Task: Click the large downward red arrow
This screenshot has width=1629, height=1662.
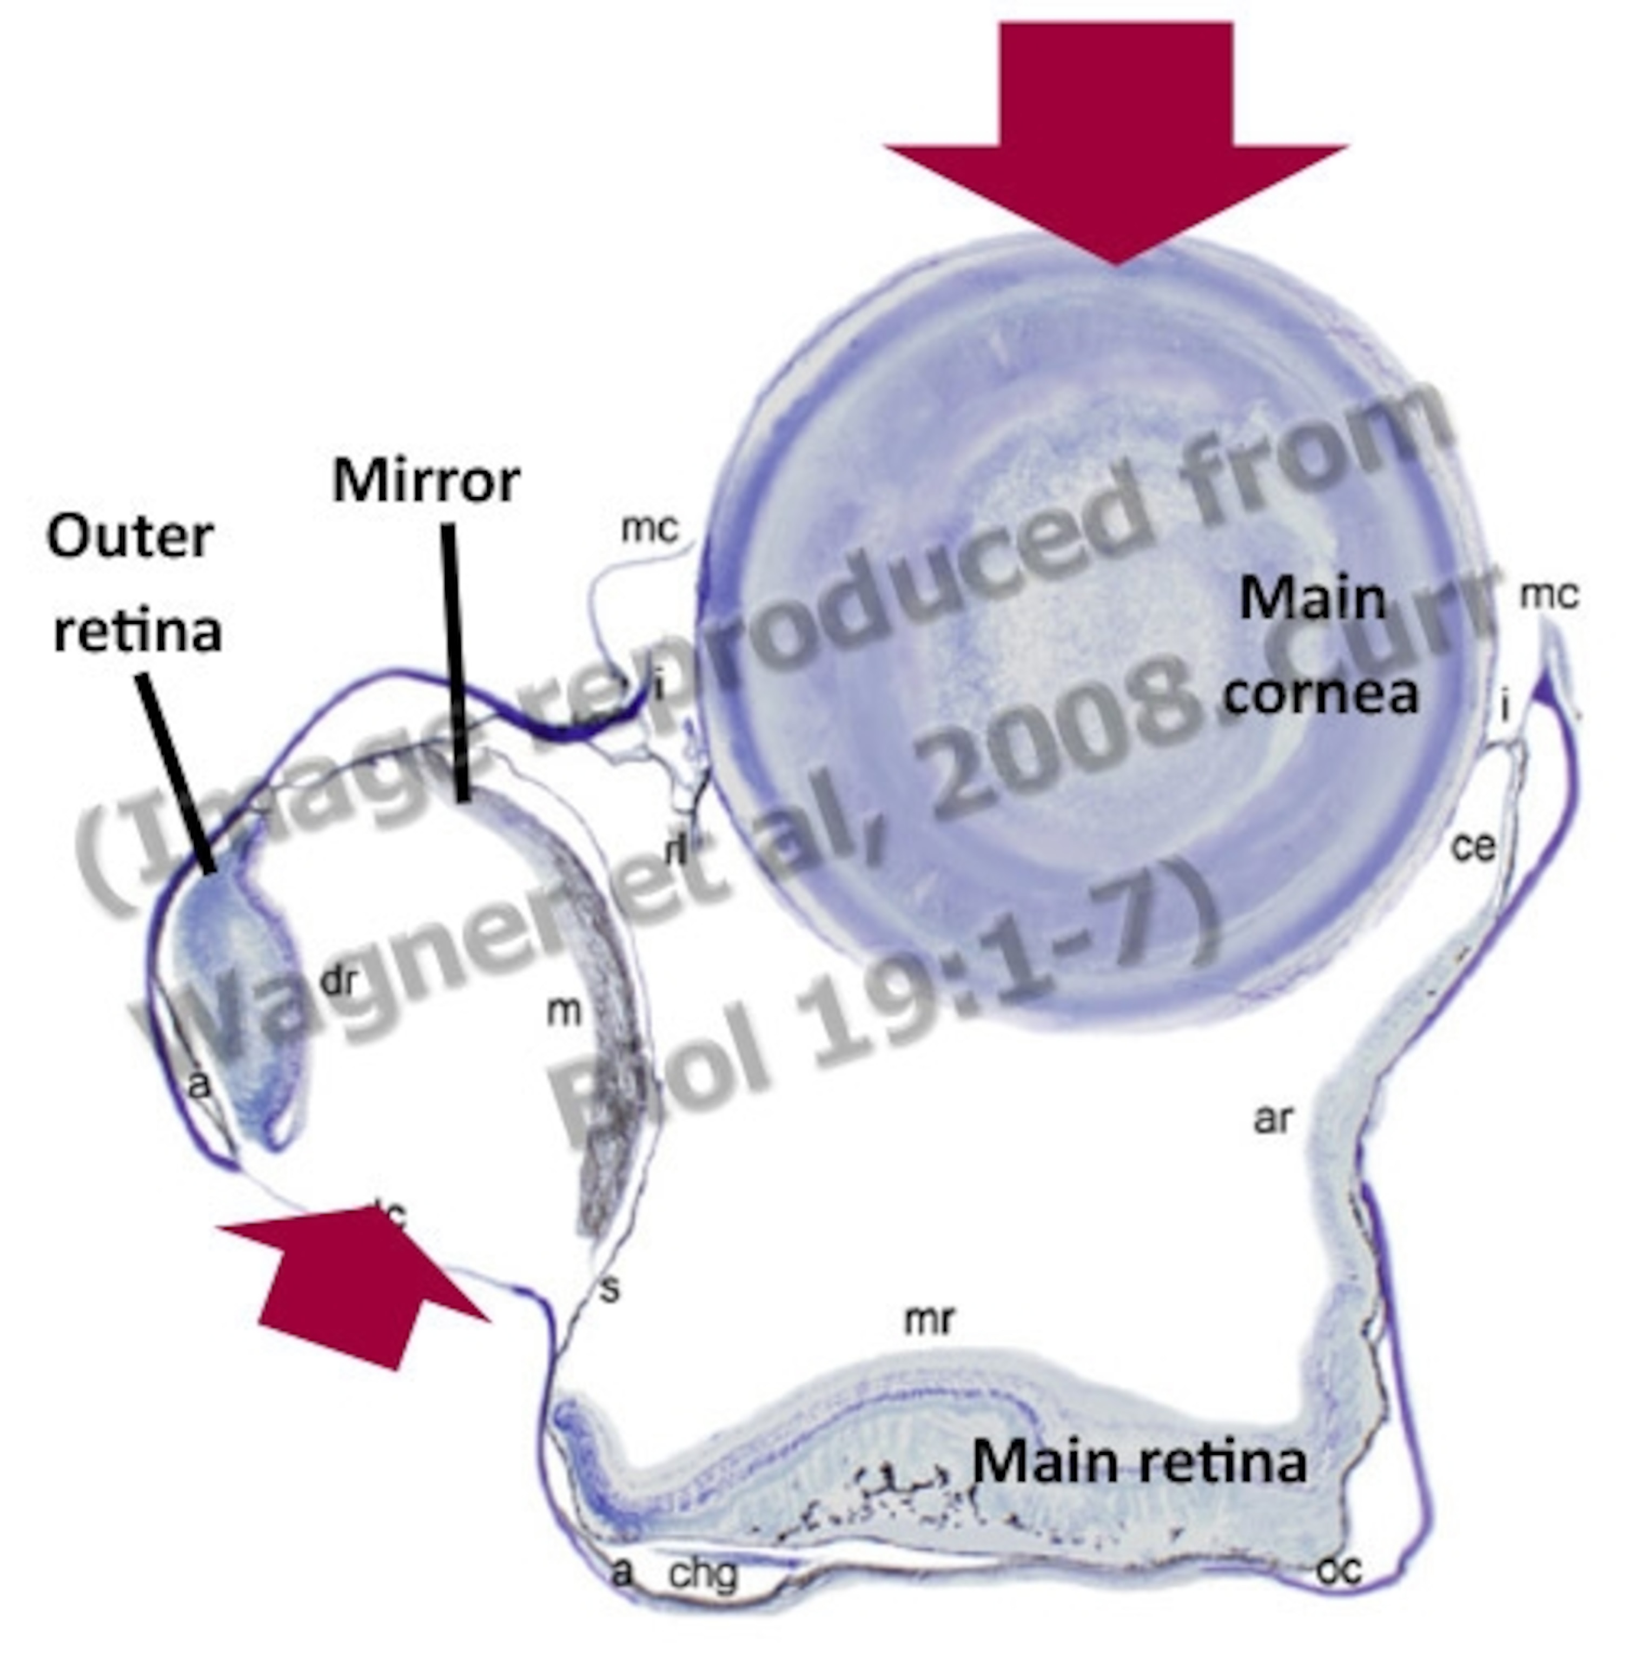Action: (1116, 128)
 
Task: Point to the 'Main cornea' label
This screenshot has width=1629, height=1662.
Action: (1317, 646)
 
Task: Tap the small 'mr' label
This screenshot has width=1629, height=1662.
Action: (928, 1320)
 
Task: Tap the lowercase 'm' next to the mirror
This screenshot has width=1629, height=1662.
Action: (564, 1012)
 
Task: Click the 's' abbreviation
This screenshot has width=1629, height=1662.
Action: (609, 1289)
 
